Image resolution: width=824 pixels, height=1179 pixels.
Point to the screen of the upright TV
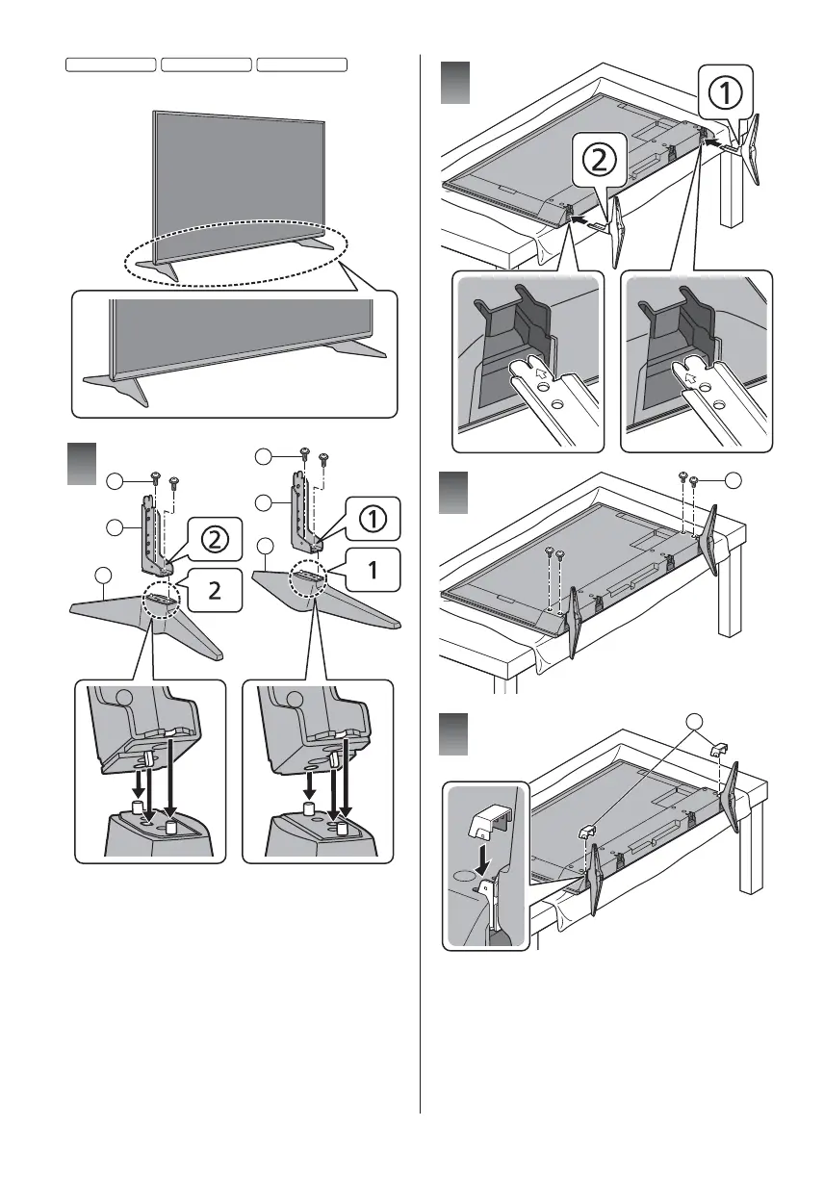point(237,178)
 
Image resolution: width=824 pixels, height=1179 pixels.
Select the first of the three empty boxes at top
point(111,64)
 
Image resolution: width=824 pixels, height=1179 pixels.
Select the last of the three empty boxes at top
point(302,64)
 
